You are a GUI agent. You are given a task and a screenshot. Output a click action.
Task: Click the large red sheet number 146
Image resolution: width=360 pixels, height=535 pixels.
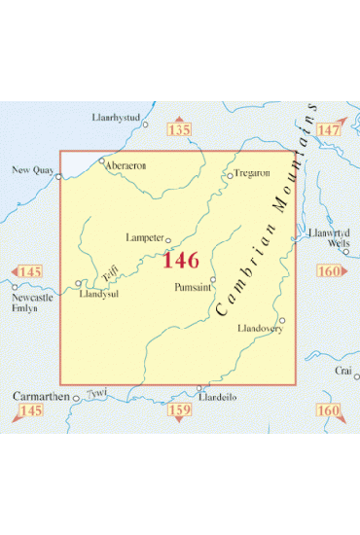(181, 260)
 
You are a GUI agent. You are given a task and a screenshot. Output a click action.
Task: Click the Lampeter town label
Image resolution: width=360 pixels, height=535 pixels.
(143, 236)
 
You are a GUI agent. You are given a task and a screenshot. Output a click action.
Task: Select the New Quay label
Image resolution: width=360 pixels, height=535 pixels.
(29, 169)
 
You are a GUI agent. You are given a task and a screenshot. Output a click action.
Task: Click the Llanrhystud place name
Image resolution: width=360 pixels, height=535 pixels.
(117, 118)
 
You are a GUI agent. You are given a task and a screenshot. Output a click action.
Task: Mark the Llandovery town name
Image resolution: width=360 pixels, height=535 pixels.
(259, 330)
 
